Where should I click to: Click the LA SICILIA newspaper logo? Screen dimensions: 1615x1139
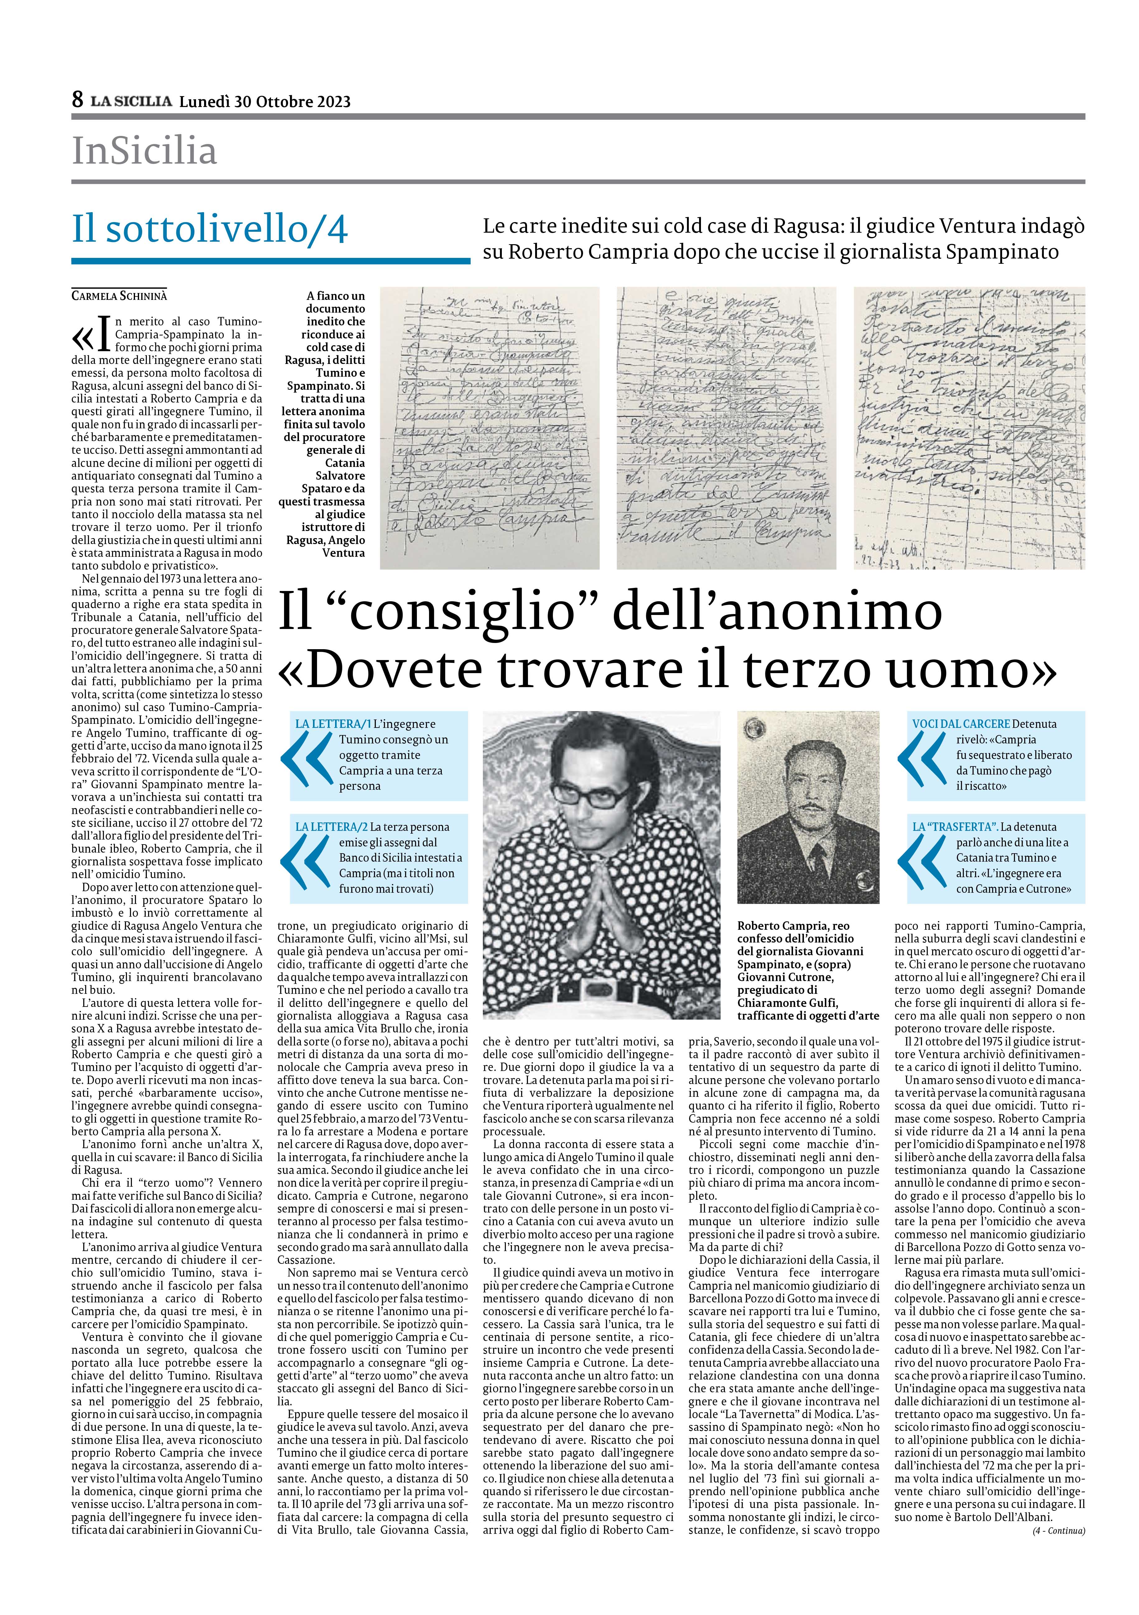[x=131, y=101]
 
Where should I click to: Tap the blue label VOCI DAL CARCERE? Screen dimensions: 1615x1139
[x=961, y=724]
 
